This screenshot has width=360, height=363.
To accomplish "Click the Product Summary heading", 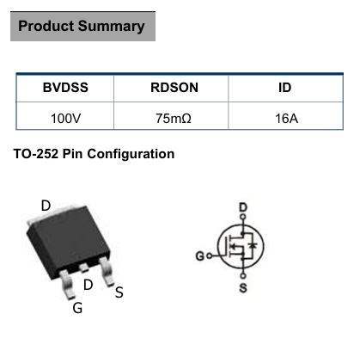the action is coord(82,26).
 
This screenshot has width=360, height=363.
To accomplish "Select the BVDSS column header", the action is coord(65,88).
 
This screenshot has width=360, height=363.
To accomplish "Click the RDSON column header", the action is coord(174,88).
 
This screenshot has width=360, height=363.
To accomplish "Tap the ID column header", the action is coord(284,88).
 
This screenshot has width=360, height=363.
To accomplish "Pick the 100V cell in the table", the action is coord(65,119).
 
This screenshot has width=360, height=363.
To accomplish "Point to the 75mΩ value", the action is coord(174,119).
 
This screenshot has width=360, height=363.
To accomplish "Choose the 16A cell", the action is coord(286,119).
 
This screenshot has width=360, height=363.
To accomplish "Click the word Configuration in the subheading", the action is coord(131,154).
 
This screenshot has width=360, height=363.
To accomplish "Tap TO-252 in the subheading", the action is coord(36,154).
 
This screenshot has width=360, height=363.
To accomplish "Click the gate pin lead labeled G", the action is coord(67,284).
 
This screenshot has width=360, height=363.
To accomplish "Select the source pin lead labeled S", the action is coord(107,271).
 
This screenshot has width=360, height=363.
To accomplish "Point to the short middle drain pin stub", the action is coord(84,268).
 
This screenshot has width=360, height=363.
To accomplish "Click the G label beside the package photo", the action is coord(77,308).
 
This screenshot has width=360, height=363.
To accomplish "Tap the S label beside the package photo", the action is coord(119,292).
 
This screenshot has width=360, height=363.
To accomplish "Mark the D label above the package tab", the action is coord(46,206).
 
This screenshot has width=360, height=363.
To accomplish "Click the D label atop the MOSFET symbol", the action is coord(243,207).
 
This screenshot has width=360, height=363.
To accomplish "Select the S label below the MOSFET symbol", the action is coord(243,288).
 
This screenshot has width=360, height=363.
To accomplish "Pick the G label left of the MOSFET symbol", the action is coord(200,255).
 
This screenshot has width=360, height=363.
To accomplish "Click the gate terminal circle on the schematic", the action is coord(210,255).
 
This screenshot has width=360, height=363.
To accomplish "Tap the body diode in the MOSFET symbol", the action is coord(253,245).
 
